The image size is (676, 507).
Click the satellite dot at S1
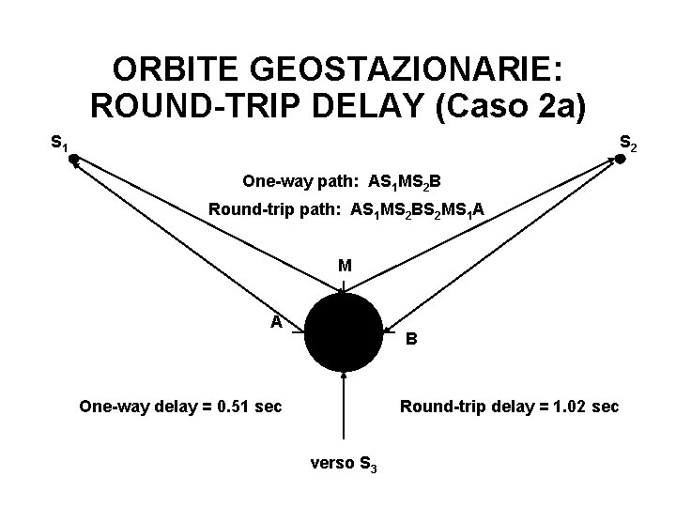pos(73,161)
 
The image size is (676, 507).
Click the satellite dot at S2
pos(620,160)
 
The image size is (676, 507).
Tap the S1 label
pos(59,144)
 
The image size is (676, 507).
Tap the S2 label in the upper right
pos(628,144)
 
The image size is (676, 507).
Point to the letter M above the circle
pos(346,266)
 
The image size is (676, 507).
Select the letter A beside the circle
pos(276,321)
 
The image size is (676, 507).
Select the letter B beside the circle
pos(412,340)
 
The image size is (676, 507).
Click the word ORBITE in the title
pos(168,70)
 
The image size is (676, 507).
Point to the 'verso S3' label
pos(344,463)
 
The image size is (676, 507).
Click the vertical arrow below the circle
pos(345,404)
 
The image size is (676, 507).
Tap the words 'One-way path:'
pos(286,178)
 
